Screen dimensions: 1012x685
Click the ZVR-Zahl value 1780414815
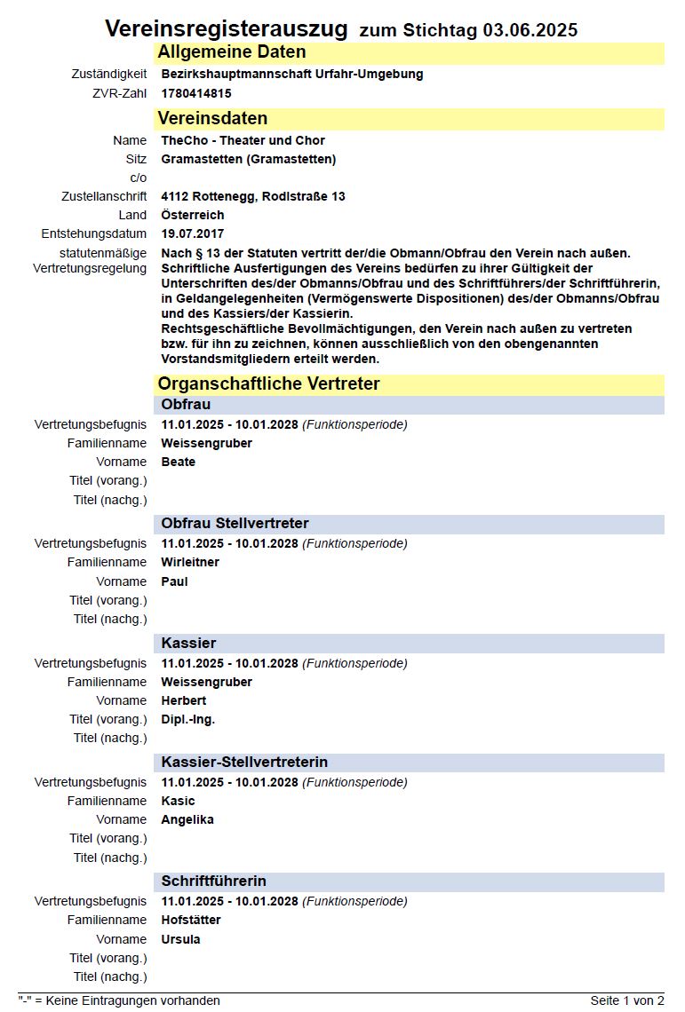click(196, 92)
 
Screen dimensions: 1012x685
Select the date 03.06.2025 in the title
click(530, 30)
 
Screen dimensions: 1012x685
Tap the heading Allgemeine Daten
click(232, 52)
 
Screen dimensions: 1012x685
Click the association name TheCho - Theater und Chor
click(243, 140)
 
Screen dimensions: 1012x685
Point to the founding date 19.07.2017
click(193, 233)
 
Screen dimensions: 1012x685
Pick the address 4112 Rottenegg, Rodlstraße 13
click(253, 196)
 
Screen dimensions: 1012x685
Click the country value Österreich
click(192, 215)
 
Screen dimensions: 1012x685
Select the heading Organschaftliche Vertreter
click(268, 383)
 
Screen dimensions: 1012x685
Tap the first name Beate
click(178, 462)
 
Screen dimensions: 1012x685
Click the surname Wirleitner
click(190, 562)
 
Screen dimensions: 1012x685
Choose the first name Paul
click(174, 581)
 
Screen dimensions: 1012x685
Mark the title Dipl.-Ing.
click(187, 719)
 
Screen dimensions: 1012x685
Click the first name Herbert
click(183, 700)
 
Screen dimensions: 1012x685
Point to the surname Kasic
click(178, 801)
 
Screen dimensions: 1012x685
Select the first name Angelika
click(187, 819)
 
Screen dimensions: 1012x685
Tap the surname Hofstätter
click(191, 920)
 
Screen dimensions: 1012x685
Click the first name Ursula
click(180, 939)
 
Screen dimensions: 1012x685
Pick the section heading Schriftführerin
click(213, 881)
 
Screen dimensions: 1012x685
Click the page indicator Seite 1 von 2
click(626, 1000)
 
